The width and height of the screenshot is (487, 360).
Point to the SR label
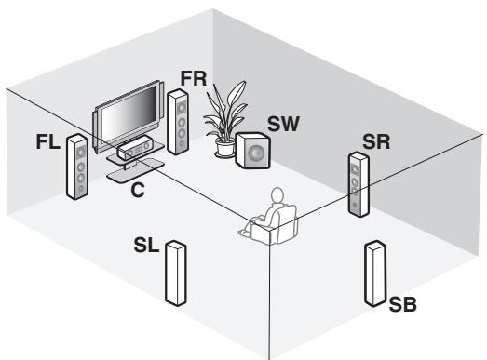coord(376,141)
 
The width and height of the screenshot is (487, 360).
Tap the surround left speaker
coord(172,273)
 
